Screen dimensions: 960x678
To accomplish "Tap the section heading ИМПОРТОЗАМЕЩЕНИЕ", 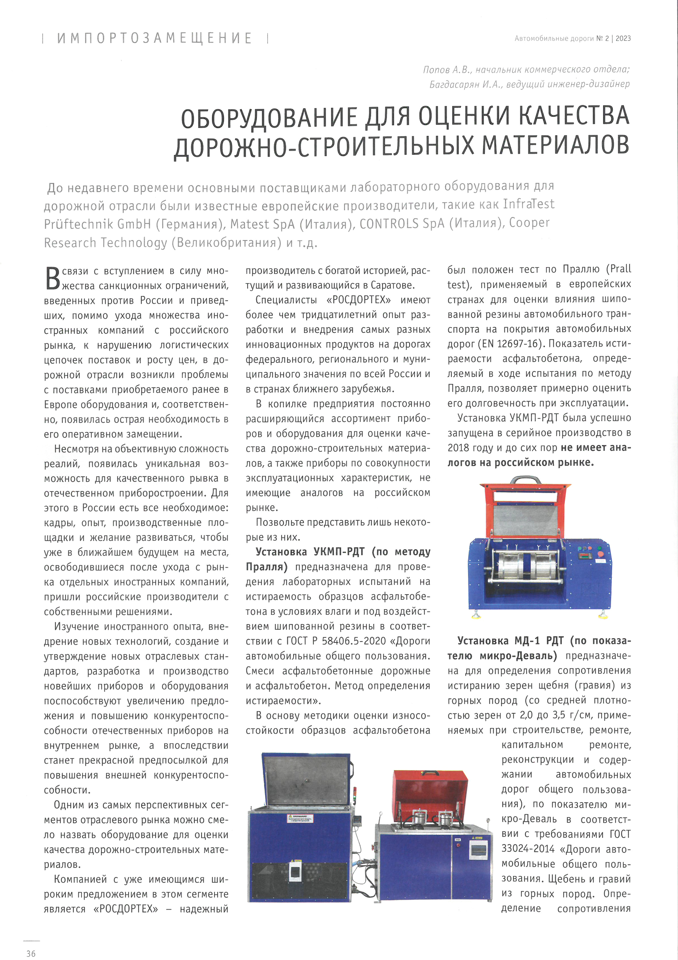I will (154, 39).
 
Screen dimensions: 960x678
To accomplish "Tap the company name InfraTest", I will (528, 204).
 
